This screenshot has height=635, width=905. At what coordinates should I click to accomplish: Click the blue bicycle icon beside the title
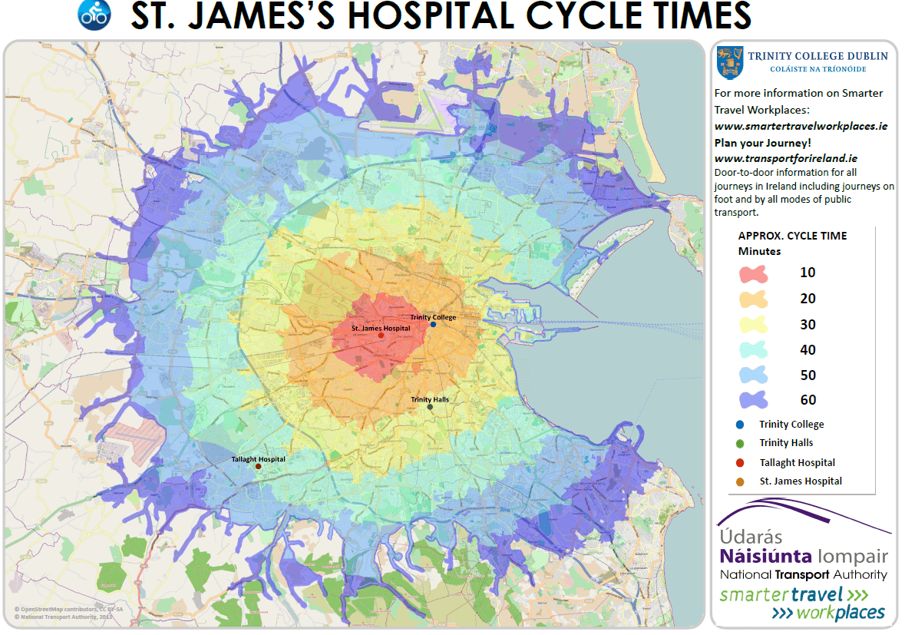[95, 15]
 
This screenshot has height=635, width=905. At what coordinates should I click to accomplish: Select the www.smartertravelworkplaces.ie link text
[801, 125]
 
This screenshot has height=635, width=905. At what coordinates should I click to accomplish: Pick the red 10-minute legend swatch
[755, 273]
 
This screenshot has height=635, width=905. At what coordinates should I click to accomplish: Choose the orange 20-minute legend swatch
[755, 299]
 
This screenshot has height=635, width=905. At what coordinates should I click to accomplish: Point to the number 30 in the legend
[808, 325]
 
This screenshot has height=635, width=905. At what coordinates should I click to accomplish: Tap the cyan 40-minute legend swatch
[755, 350]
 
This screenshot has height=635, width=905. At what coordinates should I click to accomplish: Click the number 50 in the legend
[808, 375]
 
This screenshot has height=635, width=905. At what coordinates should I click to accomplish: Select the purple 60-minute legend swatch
[755, 400]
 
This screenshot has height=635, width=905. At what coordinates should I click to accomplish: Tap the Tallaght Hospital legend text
[797, 462]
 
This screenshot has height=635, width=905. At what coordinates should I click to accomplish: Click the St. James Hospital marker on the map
[381, 336]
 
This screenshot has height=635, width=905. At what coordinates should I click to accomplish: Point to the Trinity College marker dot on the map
[433, 325]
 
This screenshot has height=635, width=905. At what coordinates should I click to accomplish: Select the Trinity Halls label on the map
[430, 399]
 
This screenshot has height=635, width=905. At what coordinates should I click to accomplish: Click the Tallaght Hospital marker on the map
[259, 467]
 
